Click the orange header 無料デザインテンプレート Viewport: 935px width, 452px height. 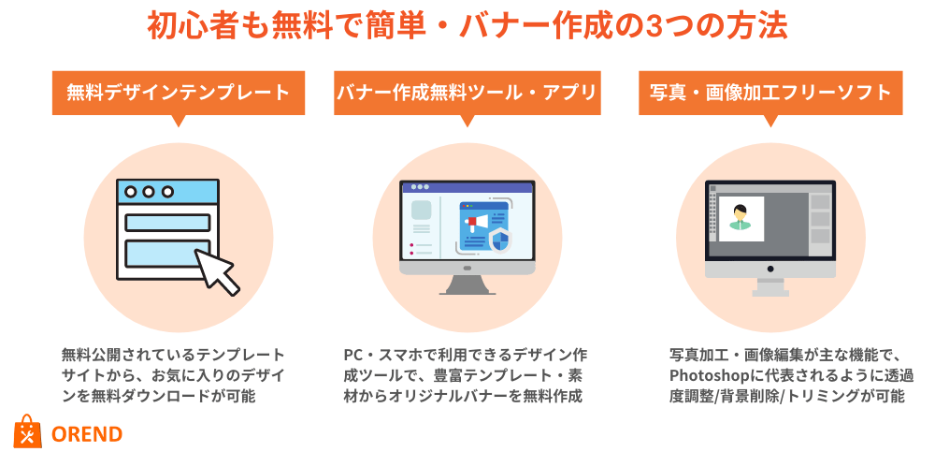[179, 93]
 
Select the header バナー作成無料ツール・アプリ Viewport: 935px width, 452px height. [467, 93]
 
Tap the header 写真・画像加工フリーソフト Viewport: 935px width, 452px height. [770, 93]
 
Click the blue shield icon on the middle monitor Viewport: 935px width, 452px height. [499, 241]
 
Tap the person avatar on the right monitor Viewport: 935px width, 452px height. [741, 217]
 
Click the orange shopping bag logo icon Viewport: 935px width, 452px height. [27, 431]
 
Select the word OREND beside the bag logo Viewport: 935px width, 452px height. [87, 434]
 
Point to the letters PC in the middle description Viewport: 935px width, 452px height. [352, 355]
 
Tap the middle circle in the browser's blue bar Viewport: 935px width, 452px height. [149, 192]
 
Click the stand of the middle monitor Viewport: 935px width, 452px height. [467, 284]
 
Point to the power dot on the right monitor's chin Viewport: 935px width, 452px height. [770, 270]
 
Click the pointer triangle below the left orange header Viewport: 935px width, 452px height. [178, 121]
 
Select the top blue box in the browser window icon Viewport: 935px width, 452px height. [167, 222]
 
